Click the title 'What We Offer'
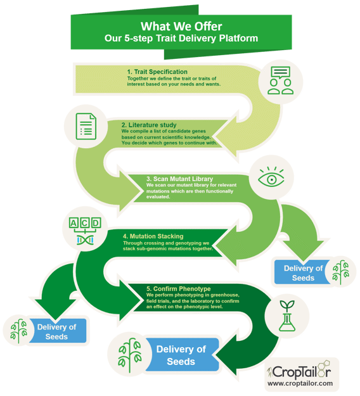181,26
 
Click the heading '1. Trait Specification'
157,72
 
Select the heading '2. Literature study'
149,125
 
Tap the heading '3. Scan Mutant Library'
179,179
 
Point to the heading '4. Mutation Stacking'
153,236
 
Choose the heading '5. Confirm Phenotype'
178,289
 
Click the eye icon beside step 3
271,177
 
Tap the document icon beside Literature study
86,126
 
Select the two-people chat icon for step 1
280,80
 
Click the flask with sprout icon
287,316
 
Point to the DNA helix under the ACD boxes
85,240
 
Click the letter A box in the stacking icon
74,223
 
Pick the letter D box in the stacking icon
96,223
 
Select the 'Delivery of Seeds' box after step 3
302,272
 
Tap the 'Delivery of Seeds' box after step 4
58,331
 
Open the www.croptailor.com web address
300,383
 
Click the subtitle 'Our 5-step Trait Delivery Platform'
181,39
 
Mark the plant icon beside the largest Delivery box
130,355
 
